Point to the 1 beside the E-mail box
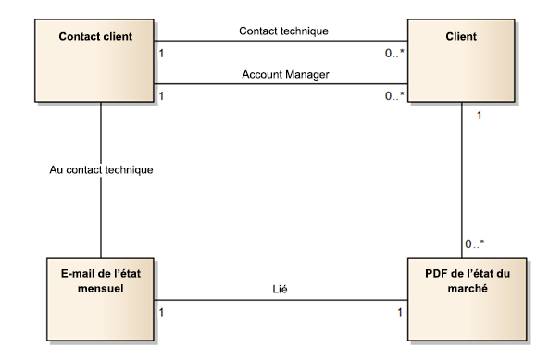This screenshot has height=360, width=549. pos(163,311)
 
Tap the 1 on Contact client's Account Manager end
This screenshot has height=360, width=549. pos(163,96)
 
